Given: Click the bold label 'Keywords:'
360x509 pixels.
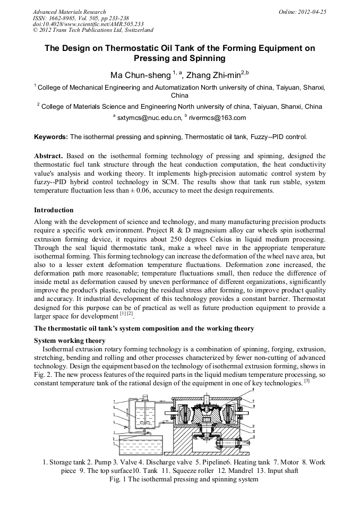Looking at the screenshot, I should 51,137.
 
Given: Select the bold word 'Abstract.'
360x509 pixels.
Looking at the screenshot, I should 49,157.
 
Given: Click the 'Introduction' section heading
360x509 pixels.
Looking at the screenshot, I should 54,210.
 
